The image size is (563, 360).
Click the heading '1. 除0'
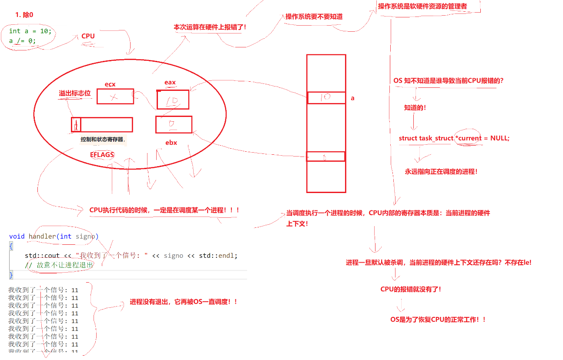[24, 15]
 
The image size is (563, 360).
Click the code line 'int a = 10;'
[30, 31]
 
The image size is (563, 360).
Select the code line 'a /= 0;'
[22, 40]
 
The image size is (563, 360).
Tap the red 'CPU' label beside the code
[88, 36]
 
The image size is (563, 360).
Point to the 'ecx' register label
[110, 84]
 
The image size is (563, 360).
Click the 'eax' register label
[170, 82]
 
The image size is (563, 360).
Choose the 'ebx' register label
[171, 143]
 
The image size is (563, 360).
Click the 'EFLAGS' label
[102, 155]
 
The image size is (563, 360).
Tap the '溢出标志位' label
[75, 93]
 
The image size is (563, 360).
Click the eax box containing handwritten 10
[173, 100]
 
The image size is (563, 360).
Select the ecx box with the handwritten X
[115, 97]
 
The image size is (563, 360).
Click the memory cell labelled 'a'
[326, 98]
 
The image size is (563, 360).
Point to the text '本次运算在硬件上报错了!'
[210, 27]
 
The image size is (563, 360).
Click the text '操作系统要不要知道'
[314, 17]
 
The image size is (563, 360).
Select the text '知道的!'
[415, 108]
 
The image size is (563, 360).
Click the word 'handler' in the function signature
[42, 236]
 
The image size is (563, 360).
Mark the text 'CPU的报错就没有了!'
[411, 289]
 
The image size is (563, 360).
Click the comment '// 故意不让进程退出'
[59, 265]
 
